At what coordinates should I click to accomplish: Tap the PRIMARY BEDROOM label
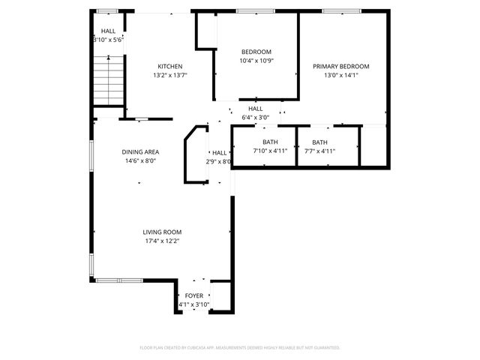point(341,66)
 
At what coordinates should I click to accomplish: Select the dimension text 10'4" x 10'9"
point(256,61)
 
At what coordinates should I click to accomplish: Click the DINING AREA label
point(140,151)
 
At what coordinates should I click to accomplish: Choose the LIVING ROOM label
point(162,232)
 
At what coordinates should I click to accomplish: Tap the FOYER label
point(193,296)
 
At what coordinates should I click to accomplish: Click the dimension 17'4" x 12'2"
point(162,241)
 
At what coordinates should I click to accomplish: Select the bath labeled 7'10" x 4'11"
point(270,146)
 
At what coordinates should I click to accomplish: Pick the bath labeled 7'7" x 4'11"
point(319,146)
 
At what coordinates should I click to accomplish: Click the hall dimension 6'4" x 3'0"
point(255,118)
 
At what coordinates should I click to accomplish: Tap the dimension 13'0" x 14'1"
point(341,75)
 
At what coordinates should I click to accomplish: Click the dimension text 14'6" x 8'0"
point(140,160)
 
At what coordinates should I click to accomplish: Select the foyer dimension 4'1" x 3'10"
point(193,305)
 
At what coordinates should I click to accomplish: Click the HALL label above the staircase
point(108,31)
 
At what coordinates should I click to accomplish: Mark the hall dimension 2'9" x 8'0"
point(219,161)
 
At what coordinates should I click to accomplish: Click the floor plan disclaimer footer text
point(240,347)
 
